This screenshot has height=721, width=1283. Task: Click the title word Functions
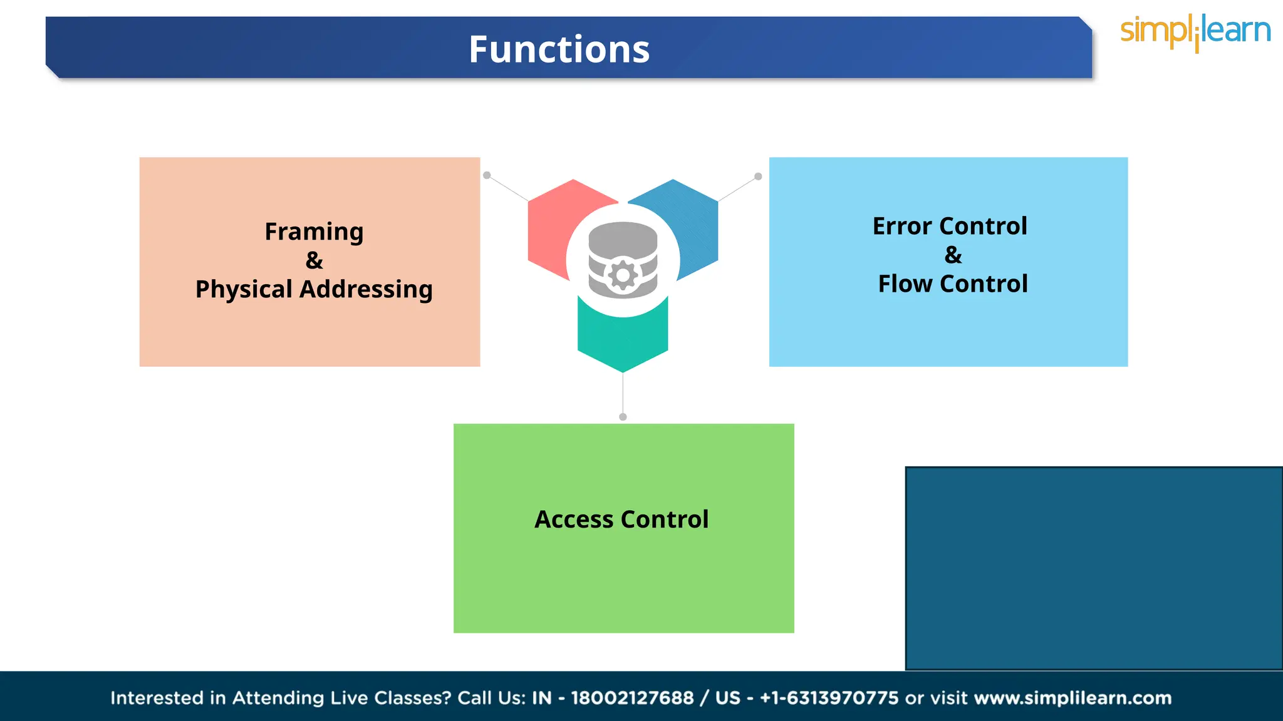[x=559, y=49]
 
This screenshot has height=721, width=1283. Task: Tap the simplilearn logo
[x=1195, y=32]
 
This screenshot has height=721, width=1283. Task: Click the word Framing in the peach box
[x=314, y=232]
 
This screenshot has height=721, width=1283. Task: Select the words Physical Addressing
[x=314, y=289]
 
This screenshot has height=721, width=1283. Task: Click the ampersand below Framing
[x=314, y=260]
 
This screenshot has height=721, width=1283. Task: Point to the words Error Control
[x=950, y=226]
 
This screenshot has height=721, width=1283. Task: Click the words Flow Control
[x=952, y=284]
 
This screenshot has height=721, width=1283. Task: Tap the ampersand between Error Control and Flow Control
[x=953, y=255]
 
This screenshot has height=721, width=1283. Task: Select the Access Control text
[x=621, y=519]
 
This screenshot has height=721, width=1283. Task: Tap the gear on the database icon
[x=623, y=275]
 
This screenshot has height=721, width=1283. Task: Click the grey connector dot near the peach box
[x=487, y=175]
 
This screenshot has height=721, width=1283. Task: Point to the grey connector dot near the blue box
[x=758, y=176]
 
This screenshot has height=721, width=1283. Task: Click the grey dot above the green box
[x=623, y=417]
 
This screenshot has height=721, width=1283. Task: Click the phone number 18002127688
[x=632, y=698]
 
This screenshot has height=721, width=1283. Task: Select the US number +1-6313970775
[x=829, y=698]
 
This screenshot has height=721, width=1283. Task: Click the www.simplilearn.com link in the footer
[x=1073, y=698]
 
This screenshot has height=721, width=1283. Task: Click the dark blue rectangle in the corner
[x=1093, y=568]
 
